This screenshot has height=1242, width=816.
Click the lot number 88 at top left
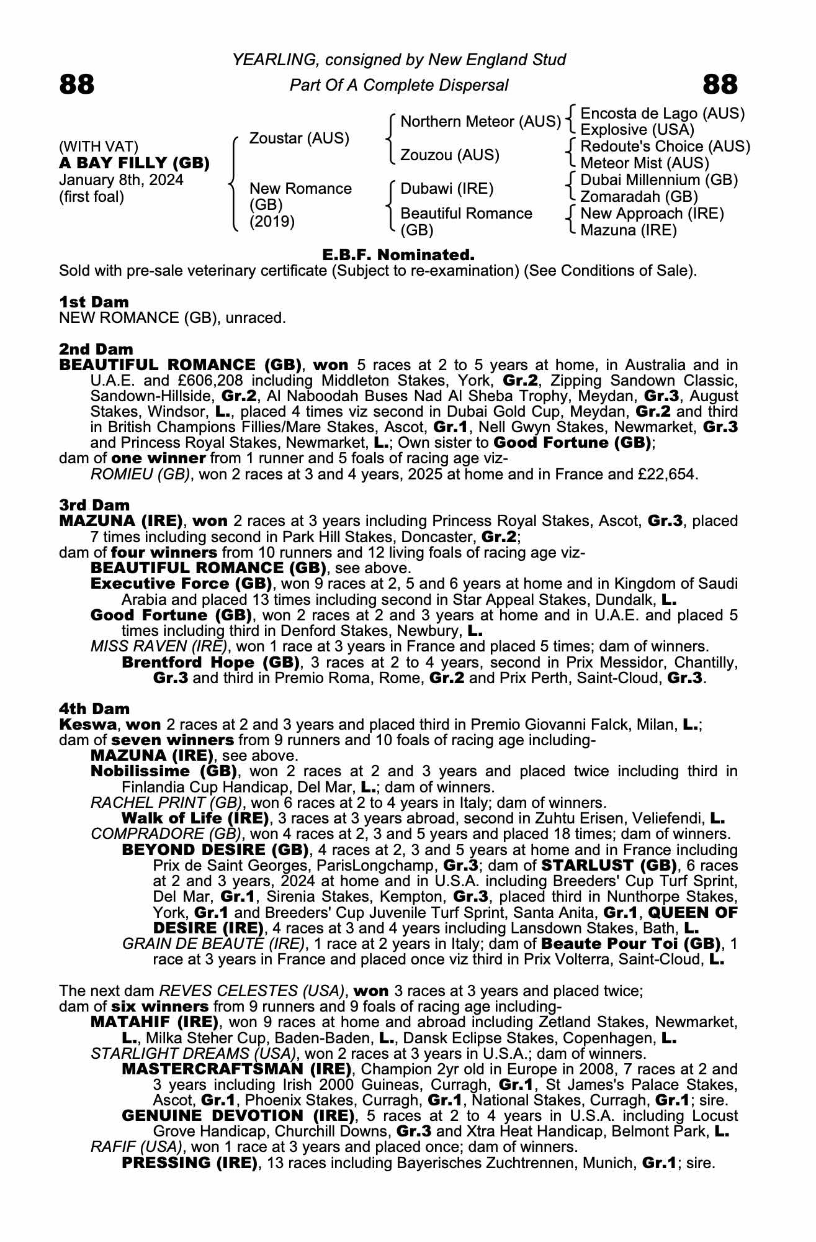coord(77,84)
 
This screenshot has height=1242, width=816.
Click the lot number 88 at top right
coord(720,84)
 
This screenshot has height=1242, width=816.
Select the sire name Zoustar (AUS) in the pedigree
coord(299,138)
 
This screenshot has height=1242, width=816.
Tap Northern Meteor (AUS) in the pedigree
coord(480,121)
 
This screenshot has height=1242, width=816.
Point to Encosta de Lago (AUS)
coord(662,113)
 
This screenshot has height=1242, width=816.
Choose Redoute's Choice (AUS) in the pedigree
coord(665,147)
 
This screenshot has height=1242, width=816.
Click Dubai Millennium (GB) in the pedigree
coord(659,180)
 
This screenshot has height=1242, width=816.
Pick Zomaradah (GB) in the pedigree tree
coord(639,197)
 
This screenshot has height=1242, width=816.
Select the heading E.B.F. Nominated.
coord(398,255)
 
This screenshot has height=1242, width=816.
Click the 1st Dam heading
coord(94,302)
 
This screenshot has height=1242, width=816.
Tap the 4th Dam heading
coord(94,709)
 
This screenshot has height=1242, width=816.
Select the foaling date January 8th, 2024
coord(121,180)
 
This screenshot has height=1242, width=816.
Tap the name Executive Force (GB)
coord(181,584)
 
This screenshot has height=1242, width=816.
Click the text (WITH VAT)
coord(98,147)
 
